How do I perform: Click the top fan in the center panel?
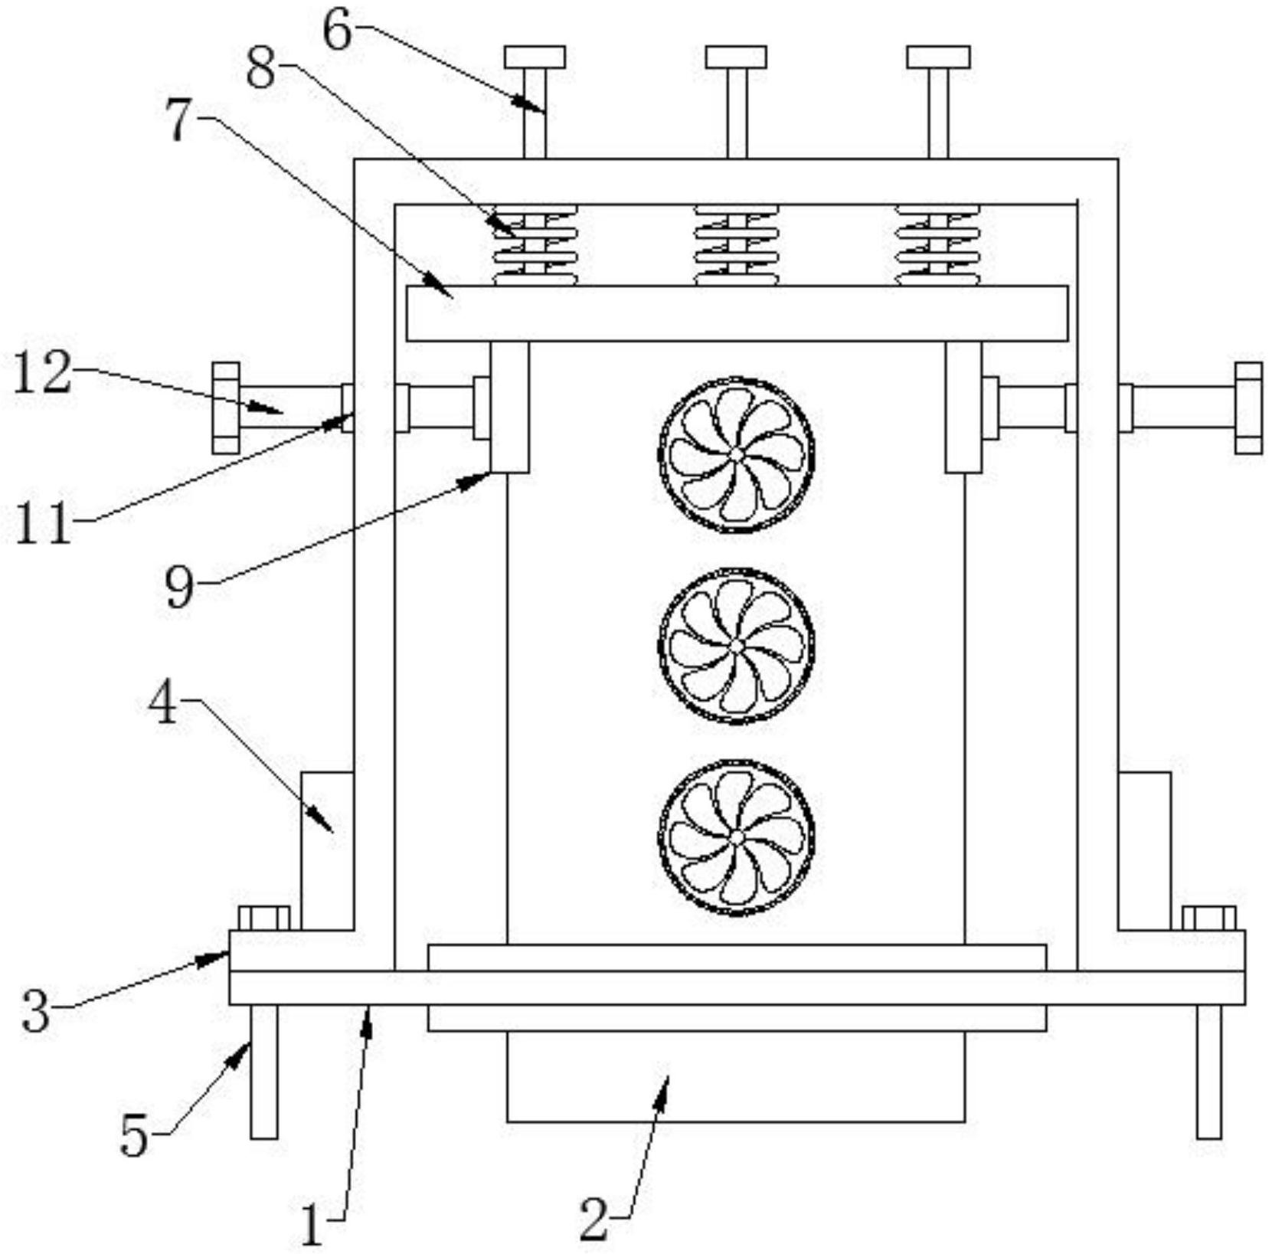(x=736, y=454)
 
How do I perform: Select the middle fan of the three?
(x=736, y=646)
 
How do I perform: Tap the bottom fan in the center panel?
(x=736, y=837)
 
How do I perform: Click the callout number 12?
(x=44, y=373)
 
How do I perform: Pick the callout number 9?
(x=181, y=588)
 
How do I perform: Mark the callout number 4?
(x=162, y=703)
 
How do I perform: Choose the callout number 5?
(x=134, y=1135)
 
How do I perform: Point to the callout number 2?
(x=593, y=1220)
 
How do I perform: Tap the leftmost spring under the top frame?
(x=535, y=245)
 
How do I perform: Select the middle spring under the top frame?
(x=736, y=245)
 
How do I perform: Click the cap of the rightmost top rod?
(x=938, y=57)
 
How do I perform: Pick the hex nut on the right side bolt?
(x=1248, y=408)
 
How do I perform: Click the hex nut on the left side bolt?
(x=225, y=408)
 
